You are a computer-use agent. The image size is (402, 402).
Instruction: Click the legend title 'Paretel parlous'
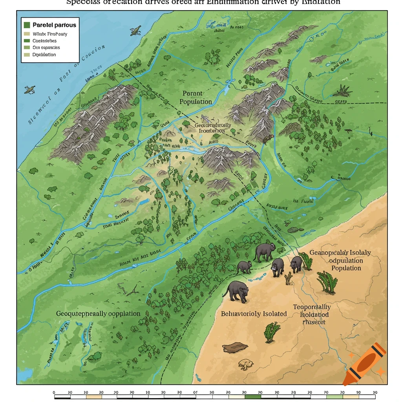[54, 25]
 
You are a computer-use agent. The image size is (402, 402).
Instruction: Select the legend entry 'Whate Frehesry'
[50, 34]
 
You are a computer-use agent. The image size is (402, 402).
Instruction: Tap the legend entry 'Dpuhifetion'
[44, 55]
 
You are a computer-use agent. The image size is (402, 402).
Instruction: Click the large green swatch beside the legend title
[27, 25]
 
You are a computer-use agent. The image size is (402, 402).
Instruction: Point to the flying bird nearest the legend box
[135, 30]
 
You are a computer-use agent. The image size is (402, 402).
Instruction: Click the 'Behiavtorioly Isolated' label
[254, 314]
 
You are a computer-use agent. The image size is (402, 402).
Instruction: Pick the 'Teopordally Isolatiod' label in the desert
[311, 314]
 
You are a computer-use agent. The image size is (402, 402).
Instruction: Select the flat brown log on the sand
[235, 347]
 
